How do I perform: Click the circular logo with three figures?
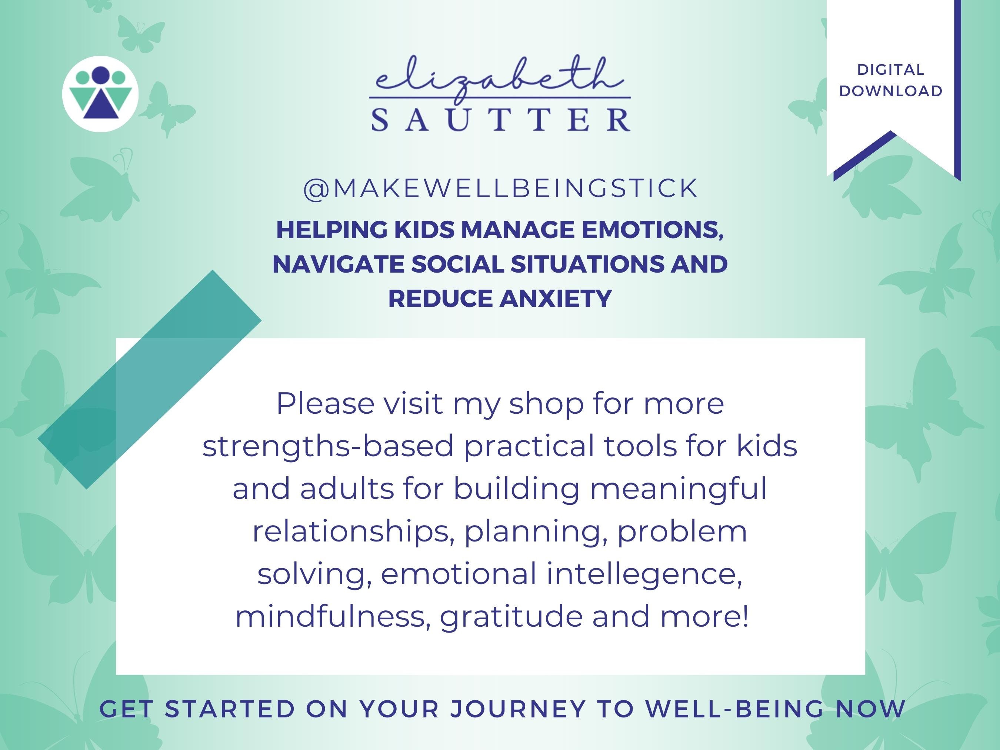click(x=100, y=94)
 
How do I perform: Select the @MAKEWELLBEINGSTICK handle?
click(x=500, y=189)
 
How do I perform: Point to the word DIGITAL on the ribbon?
click(x=891, y=70)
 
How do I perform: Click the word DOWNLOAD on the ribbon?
click(x=891, y=91)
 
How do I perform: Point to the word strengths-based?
click(x=328, y=446)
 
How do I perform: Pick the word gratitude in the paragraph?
click(x=511, y=617)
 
